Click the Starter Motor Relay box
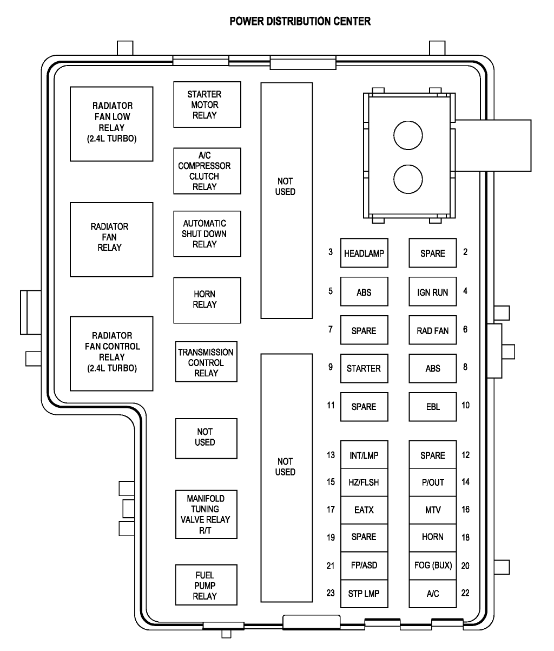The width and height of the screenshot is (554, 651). coord(207,105)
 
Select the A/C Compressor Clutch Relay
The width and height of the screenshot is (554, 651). coord(207,171)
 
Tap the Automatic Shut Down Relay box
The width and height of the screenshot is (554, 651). coord(207,233)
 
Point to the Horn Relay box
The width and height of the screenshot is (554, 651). coord(207,300)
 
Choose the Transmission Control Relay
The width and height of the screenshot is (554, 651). coord(206,362)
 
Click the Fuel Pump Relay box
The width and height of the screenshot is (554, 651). coord(206,585)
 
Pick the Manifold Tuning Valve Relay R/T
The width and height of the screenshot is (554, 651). coord(206,514)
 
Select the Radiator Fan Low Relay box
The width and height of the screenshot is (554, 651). coord(111,123)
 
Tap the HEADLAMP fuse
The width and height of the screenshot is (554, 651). coord(364,253)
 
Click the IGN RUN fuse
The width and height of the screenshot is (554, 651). coord(432,292)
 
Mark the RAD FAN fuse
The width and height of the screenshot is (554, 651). coord(432,330)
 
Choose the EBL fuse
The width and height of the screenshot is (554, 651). coord(432,406)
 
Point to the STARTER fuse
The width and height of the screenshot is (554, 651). coord(364,368)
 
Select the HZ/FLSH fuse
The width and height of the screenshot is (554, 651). coord(364,483)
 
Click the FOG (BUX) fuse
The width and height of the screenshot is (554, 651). coord(432,565)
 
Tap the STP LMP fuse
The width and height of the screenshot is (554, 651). coord(364,593)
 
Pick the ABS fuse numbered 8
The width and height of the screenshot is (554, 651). coord(432,368)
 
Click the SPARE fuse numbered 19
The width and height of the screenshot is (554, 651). coord(364,537)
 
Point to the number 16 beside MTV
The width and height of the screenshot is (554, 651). coord(465,510)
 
